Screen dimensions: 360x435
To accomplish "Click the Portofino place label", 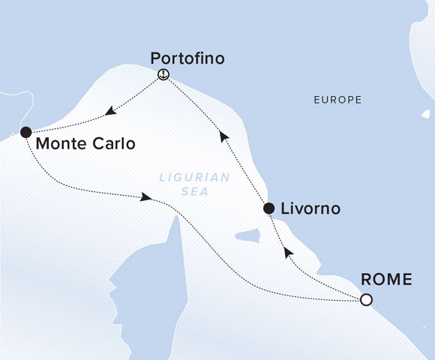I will pos(187,58).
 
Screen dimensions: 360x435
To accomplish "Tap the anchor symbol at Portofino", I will pos(163,74).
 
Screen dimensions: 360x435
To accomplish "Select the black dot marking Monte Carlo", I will pos(25,132).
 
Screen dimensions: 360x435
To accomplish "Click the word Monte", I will pos(60,143).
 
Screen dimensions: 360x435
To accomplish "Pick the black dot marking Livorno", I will pos(268,208).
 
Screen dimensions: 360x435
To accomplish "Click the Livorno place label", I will pos(310,208).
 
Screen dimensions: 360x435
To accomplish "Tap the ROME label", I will pos(387,280).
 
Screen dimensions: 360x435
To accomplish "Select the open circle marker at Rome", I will pos(365,300).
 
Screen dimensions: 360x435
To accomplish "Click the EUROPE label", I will pos(337,100).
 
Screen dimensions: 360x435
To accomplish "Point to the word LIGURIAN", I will pos(184,178).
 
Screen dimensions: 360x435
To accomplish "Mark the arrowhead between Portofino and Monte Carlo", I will pos(111,112).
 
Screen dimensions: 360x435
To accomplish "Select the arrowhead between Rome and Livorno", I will pos(286,253).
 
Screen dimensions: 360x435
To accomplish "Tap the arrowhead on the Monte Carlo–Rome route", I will pos(147,197).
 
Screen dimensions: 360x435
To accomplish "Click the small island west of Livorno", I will pos(247,236).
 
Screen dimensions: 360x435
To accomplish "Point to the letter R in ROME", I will pos(367,280).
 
